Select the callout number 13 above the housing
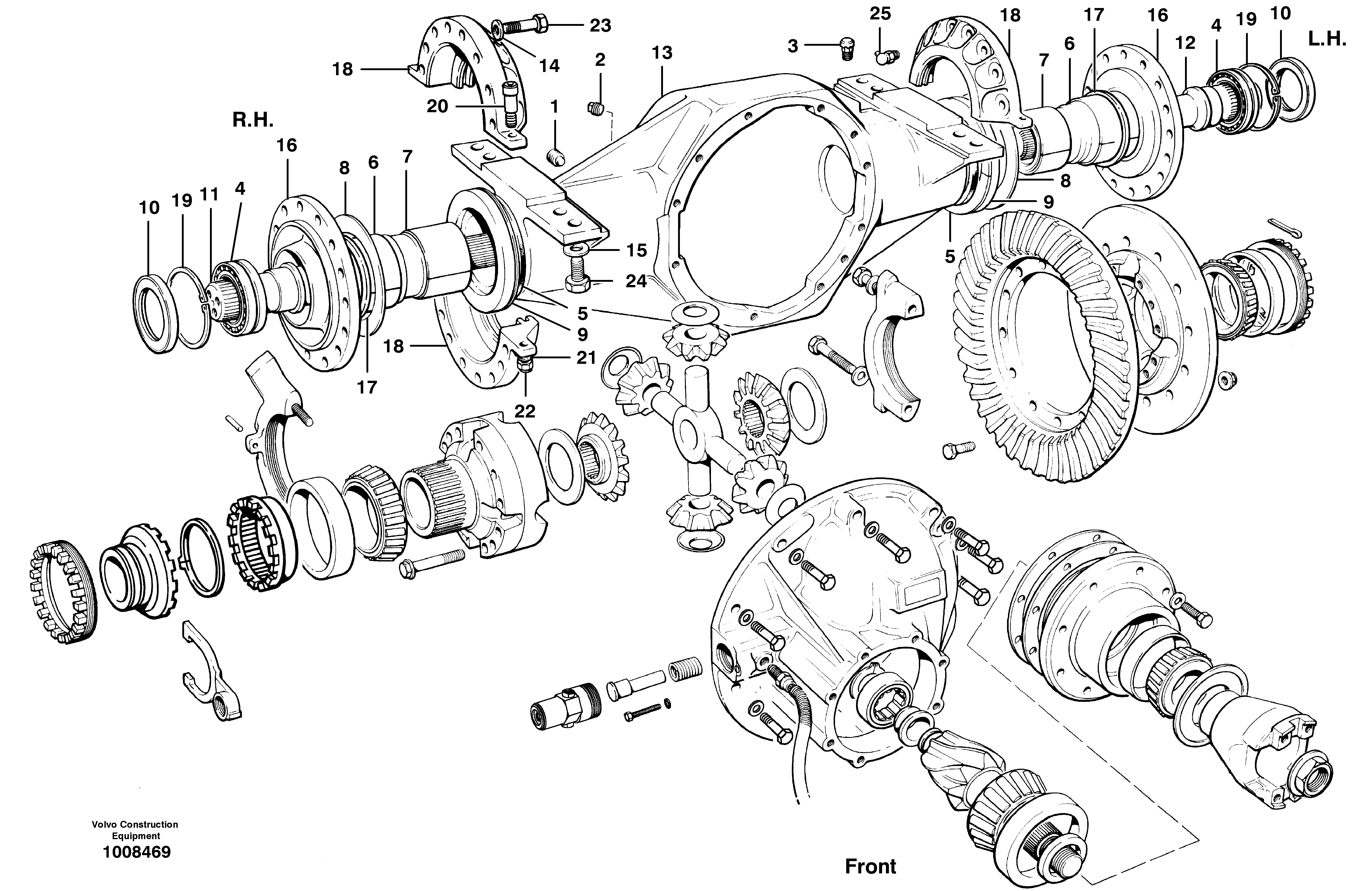[662, 53]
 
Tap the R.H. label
[253, 120]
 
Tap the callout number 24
[635, 281]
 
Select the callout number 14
[549, 66]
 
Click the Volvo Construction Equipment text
[135, 830]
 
